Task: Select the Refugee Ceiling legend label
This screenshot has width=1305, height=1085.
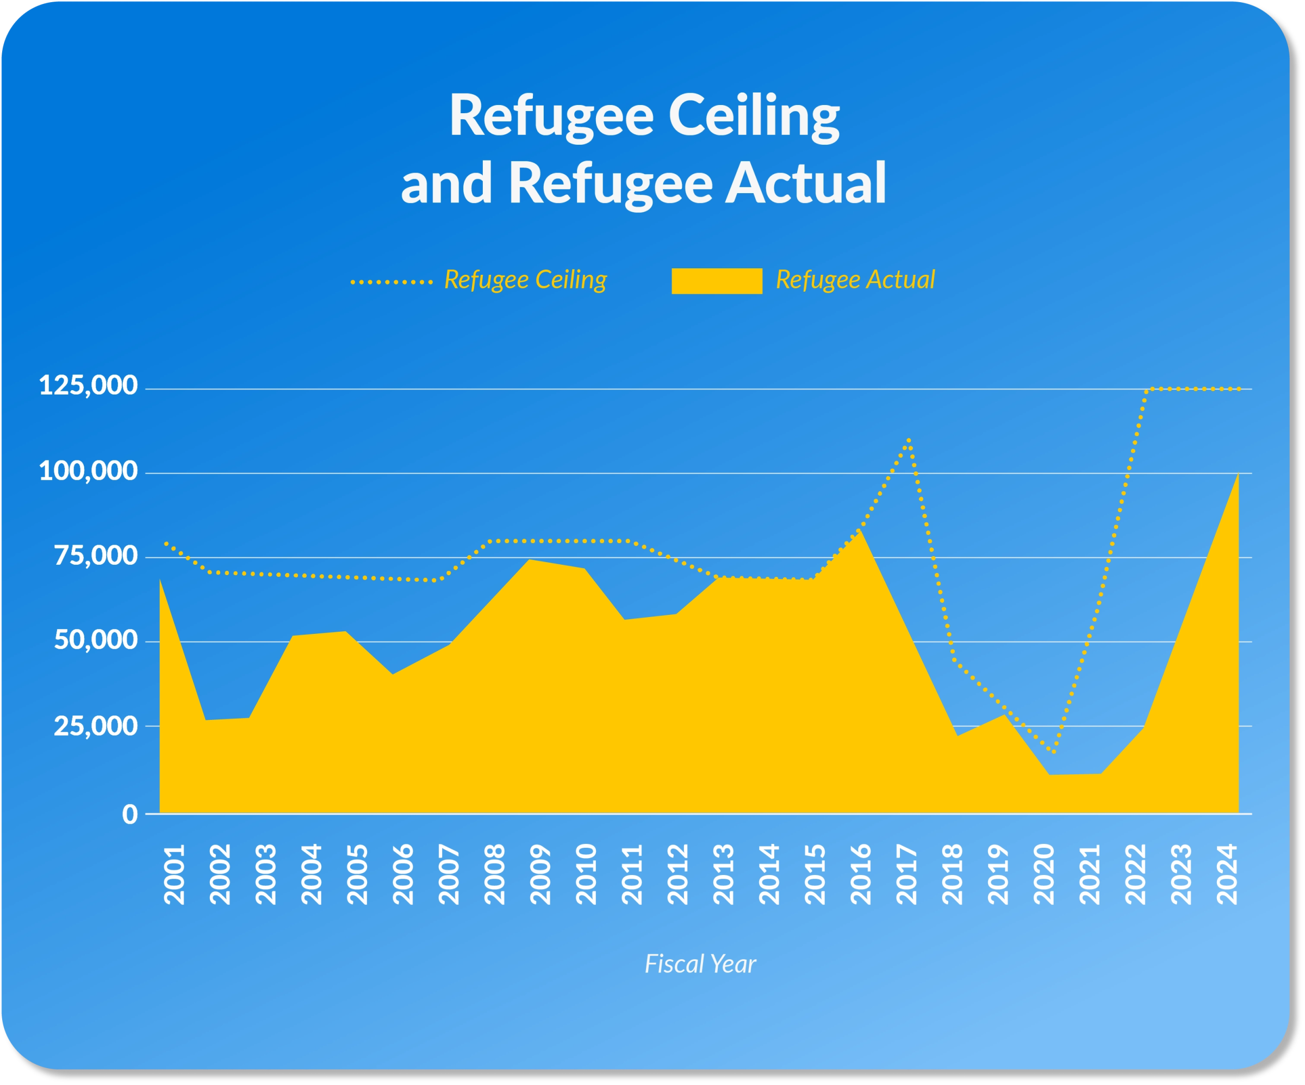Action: pyautogui.click(x=525, y=280)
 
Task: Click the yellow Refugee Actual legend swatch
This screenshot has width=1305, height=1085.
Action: pyautogui.click(x=717, y=281)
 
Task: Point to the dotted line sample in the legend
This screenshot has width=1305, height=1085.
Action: pyautogui.click(x=391, y=282)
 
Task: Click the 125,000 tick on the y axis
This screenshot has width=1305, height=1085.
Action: pyautogui.click(x=88, y=385)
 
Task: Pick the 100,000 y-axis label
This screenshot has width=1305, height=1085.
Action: pyautogui.click(x=88, y=471)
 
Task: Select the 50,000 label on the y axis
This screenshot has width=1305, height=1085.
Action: pyautogui.click(x=96, y=640)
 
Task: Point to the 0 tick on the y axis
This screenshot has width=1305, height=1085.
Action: pyautogui.click(x=129, y=813)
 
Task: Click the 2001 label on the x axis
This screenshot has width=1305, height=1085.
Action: pyautogui.click(x=175, y=873)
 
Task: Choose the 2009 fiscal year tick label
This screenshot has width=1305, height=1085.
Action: pyautogui.click(x=540, y=873)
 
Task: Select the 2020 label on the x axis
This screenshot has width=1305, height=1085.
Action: pyautogui.click(x=1044, y=873)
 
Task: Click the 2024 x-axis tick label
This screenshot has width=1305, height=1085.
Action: pyautogui.click(x=1227, y=873)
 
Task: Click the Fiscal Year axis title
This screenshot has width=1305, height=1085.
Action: pyautogui.click(x=700, y=964)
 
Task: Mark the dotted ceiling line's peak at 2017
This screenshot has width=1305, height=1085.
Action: pyautogui.click(x=909, y=440)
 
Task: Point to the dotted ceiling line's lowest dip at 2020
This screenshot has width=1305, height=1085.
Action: pyautogui.click(x=1054, y=752)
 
